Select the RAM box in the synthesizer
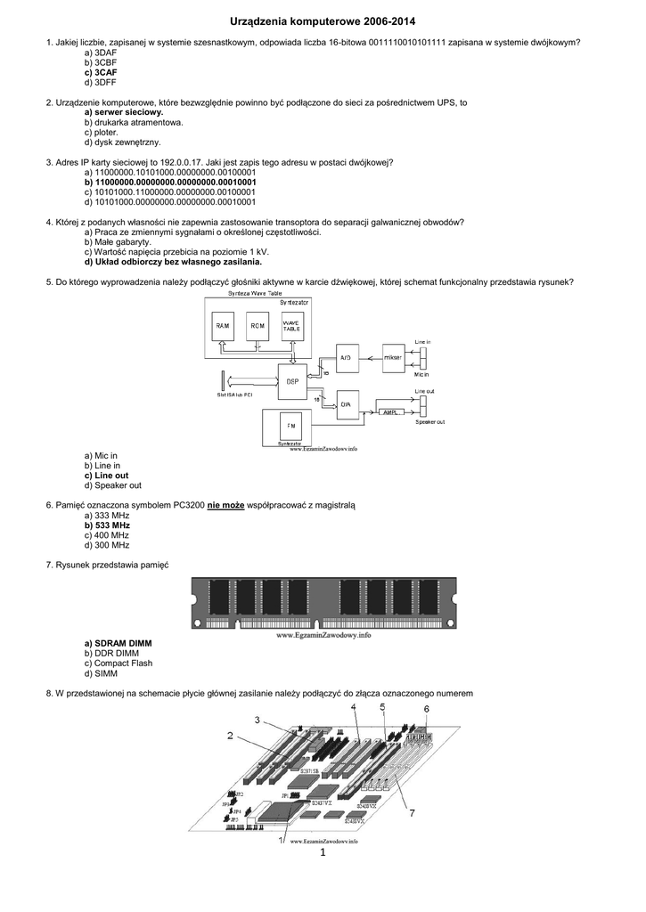click(223, 327)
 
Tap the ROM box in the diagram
click(258, 327)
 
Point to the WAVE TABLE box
click(291, 327)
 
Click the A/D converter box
click(348, 357)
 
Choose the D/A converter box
click(348, 405)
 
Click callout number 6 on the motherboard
click(426, 708)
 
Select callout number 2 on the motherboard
click(230, 736)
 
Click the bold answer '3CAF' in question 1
click(105, 72)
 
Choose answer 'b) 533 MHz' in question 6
click(107, 525)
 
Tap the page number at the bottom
click(323, 853)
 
